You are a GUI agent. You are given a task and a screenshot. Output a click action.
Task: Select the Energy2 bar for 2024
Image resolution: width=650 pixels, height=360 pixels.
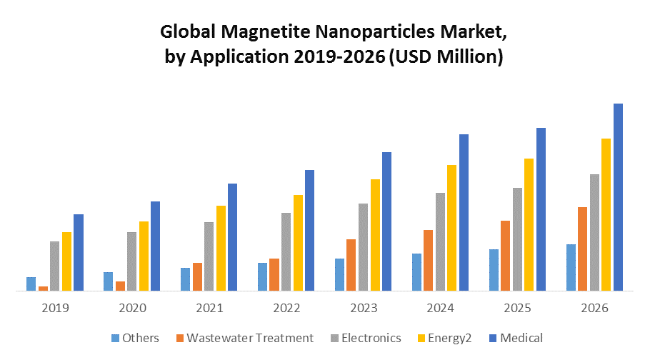coord(452,228)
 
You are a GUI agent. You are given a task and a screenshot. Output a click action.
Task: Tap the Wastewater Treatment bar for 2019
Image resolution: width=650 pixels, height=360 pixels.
coord(43,289)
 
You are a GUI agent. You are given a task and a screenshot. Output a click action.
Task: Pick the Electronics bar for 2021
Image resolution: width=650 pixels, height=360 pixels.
coord(209,256)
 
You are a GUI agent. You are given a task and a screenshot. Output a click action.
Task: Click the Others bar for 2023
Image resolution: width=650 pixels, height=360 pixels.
coord(340,275)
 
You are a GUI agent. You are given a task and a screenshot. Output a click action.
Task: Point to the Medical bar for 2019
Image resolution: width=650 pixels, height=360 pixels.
coord(79,253)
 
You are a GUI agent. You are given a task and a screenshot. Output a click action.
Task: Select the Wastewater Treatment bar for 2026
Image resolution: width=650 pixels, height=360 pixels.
coord(583,249)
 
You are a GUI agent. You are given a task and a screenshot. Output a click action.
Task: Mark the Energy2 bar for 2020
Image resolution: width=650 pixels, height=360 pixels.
coord(144,256)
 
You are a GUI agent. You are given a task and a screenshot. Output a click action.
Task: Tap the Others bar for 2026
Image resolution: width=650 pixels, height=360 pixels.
coord(571,268)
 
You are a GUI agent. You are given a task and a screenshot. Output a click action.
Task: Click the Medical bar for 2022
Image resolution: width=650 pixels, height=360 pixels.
coord(309,231)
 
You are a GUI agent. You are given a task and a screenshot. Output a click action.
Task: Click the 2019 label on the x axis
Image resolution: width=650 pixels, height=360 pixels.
coord(56,309)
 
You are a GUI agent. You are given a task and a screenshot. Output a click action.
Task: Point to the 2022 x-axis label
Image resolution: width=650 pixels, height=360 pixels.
coord(286,309)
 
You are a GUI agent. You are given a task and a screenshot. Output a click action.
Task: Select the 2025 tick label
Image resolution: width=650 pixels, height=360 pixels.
coord(517,309)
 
